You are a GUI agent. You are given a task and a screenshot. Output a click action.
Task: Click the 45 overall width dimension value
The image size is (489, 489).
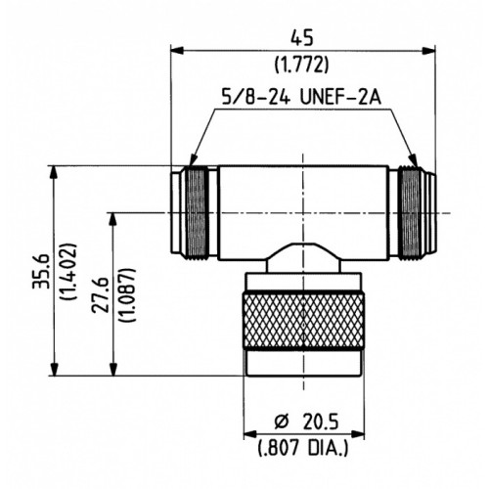tap(302, 38)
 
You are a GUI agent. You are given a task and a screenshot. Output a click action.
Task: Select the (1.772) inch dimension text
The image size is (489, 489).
tap(301, 65)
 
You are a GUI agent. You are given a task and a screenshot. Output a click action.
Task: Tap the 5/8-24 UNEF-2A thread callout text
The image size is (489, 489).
tap(301, 97)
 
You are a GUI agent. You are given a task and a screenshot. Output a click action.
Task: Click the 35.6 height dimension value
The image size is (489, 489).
tap(41, 271)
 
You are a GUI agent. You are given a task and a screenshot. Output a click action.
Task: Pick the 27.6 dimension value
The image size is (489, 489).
tap(100, 295)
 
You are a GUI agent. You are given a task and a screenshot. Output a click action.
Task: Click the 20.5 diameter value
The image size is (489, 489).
tap(321, 422)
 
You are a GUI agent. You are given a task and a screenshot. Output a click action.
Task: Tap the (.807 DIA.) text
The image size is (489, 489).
tap(303, 448)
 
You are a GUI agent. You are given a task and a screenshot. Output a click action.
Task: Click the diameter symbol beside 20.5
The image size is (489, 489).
tap(282, 422)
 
